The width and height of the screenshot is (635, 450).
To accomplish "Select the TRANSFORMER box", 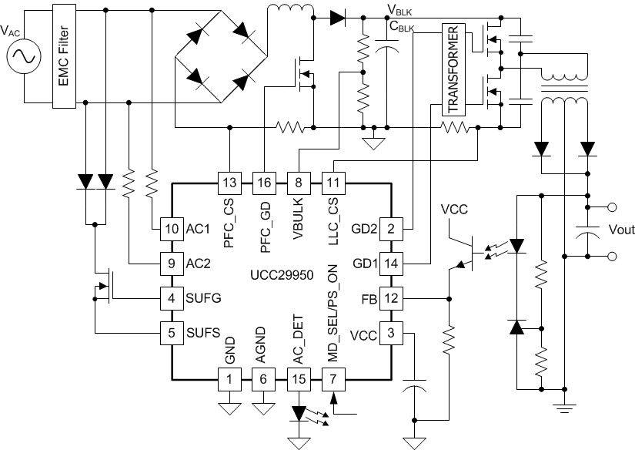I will point(454,70).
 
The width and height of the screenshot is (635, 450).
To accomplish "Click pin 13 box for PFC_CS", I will point(229,183).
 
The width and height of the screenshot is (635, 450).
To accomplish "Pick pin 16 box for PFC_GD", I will point(264,183).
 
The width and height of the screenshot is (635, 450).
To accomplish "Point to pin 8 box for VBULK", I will point(299,183).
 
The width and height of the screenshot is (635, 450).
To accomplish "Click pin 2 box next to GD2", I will point(393,227).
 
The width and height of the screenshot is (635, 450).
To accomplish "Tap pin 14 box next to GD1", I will point(393,263).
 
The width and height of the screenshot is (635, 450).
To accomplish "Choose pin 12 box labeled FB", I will point(393,297).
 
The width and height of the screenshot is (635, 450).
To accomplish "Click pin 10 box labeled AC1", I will point(171,227).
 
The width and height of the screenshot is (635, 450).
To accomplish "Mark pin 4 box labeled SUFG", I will point(171,297).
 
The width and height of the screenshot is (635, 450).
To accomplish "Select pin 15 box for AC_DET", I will point(299,378).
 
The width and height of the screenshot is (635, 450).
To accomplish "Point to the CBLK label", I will point(402,28).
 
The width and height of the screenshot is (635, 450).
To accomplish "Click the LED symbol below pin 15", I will point(299,413).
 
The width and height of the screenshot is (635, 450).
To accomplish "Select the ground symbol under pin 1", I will point(229,408).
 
